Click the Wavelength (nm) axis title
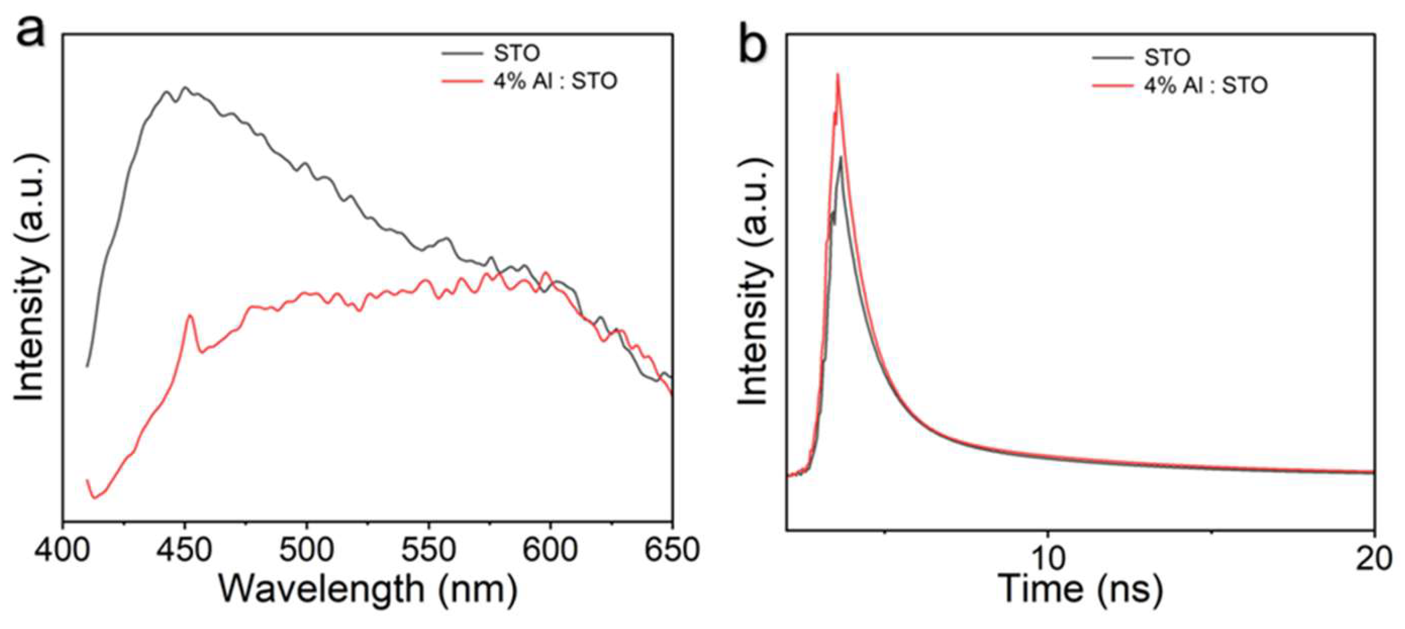[x=368, y=589]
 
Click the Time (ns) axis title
[x=1080, y=589]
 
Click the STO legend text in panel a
[x=516, y=53]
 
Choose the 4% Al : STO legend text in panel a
[x=554, y=82]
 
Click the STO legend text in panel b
[x=1166, y=57]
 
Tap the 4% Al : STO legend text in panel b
[x=1205, y=85]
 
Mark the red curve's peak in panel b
[x=837, y=75]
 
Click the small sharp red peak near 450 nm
[x=190, y=316]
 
